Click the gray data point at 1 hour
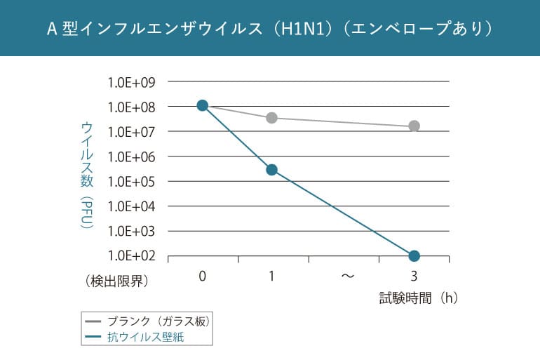click(271, 117)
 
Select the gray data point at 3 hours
click(414, 126)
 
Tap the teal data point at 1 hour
click(271, 170)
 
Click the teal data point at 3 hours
click(414, 255)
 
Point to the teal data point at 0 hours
click(202, 105)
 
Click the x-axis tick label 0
click(202, 276)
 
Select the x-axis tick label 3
click(414, 276)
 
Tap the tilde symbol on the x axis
click(347, 276)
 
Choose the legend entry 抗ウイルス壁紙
click(149, 338)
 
